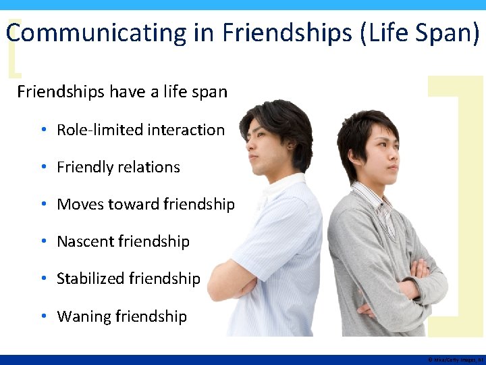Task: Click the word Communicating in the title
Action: [x=96, y=33]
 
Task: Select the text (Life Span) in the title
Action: [x=421, y=33]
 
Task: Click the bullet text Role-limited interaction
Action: [x=140, y=130]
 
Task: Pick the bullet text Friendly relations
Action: [x=118, y=167]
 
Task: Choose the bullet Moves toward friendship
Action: [x=146, y=204]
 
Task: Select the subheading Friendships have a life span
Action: [x=122, y=91]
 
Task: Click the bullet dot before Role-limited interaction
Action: [x=43, y=130]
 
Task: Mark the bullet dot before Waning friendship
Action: [x=43, y=316]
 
